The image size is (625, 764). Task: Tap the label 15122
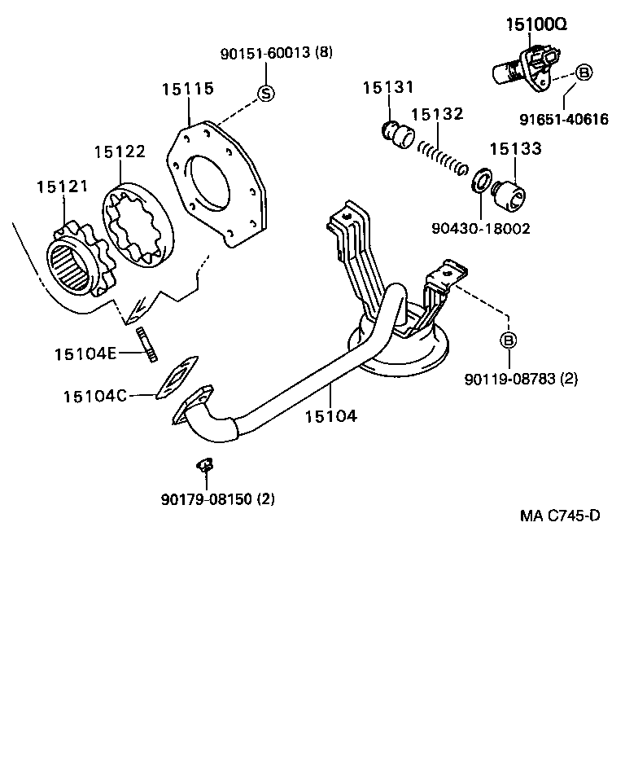click(119, 151)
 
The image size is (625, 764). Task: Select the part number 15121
click(61, 187)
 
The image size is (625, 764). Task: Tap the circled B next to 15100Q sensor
click(583, 72)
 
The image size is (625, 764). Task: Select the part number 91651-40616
click(564, 120)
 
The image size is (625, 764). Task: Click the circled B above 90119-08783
click(508, 340)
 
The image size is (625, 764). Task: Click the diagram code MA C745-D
click(560, 516)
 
